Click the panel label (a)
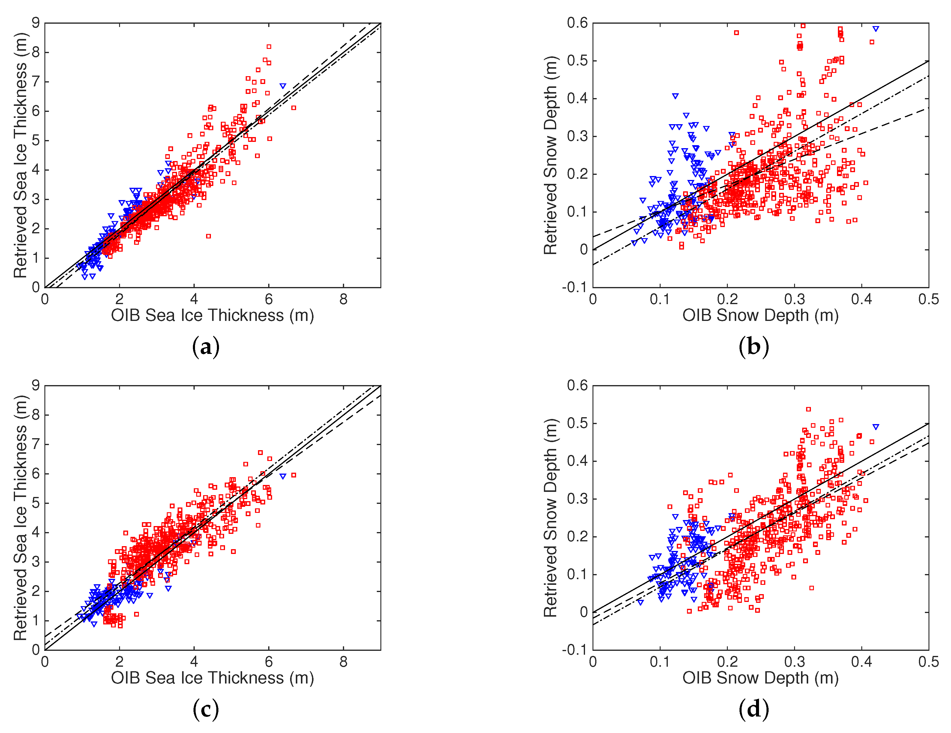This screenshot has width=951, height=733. point(205,347)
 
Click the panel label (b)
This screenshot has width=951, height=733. point(753,347)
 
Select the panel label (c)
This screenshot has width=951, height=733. point(205,710)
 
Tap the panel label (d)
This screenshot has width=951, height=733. point(753,710)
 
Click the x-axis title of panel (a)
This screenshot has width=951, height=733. point(212,315)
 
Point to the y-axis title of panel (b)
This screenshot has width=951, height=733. point(551,155)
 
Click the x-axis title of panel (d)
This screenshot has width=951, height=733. point(760,678)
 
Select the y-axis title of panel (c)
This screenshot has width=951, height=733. point(20,518)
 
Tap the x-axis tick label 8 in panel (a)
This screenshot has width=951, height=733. point(343,299)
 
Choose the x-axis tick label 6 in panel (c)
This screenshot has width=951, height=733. point(269,662)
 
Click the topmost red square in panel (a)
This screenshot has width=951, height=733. point(269,46)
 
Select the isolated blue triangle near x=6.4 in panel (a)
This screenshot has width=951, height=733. point(283,86)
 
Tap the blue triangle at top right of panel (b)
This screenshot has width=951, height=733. point(876,29)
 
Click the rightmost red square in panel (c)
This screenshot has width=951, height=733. point(294,475)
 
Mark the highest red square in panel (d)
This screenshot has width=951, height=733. point(808,409)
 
